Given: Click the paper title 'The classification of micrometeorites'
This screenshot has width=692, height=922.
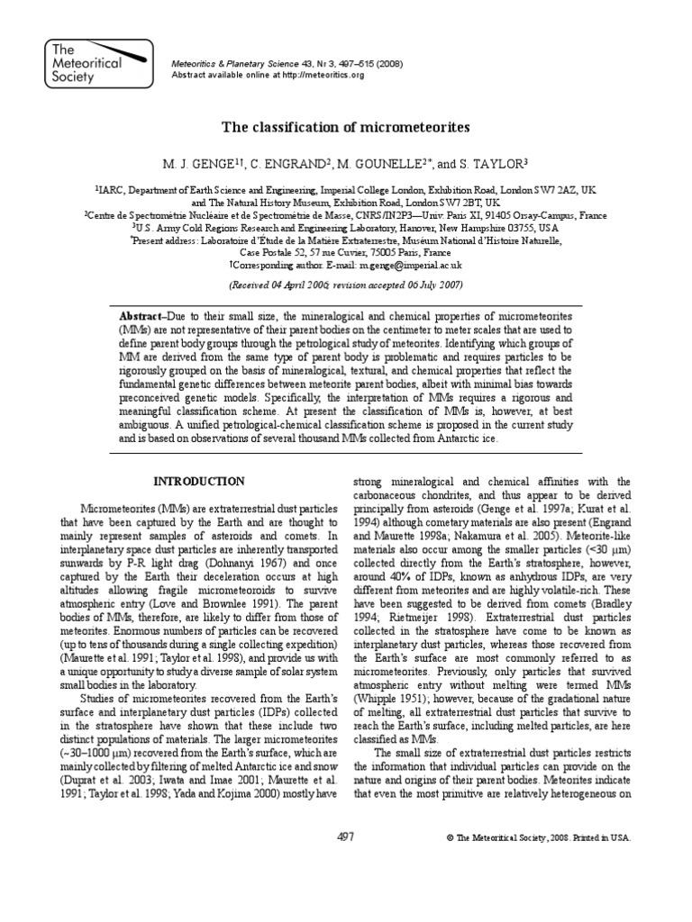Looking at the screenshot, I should (346, 128).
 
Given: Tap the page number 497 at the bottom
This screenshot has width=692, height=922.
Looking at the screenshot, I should (346, 837).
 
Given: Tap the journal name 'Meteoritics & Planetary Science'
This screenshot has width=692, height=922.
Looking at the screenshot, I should (228, 63).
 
